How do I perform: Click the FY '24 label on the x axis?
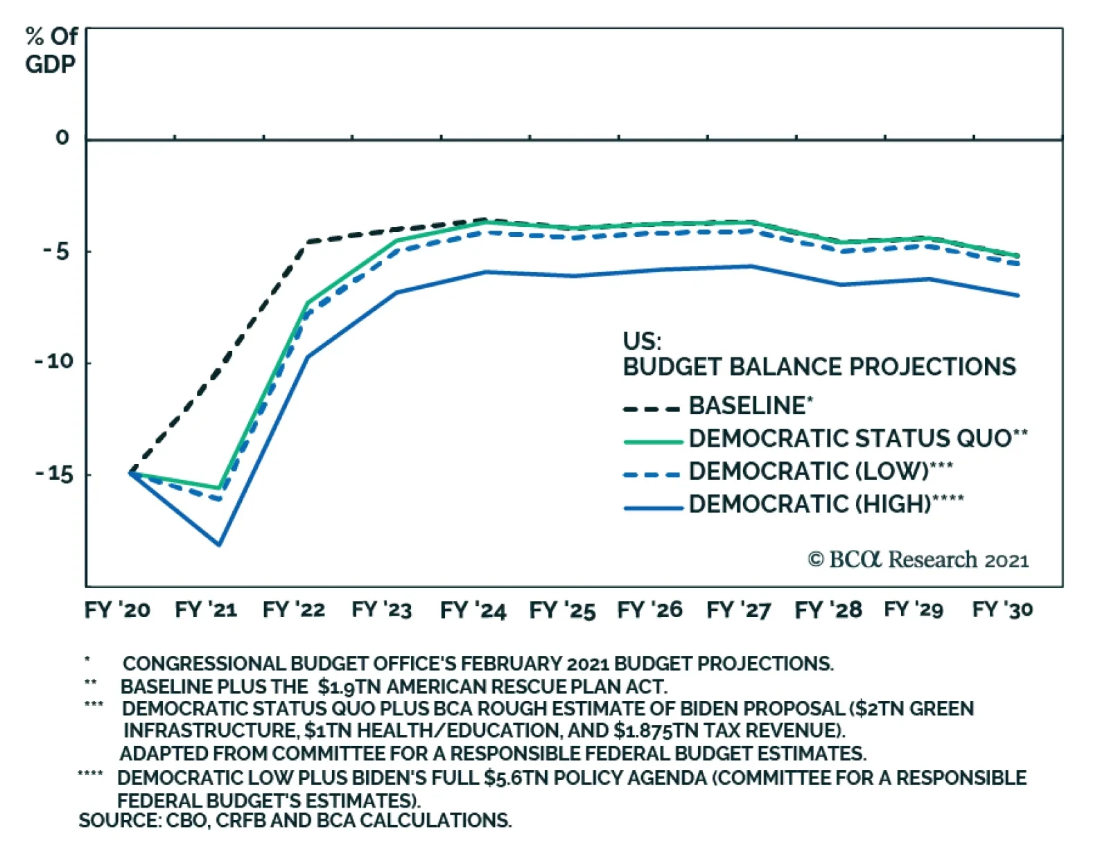pyautogui.click(x=473, y=610)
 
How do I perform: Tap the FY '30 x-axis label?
pyautogui.click(x=1002, y=610)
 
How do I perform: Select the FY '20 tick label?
pyautogui.click(x=117, y=610)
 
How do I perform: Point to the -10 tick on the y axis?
pyautogui.click(x=54, y=362)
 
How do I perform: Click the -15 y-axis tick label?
pyautogui.click(x=54, y=474)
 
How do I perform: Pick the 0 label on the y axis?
pyautogui.click(x=62, y=138)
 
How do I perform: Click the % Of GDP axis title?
pyautogui.click(x=51, y=50)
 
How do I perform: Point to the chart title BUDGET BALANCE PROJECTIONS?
pyautogui.click(x=819, y=366)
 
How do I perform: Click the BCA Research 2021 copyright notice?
pyautogui.click(x=918, y=560)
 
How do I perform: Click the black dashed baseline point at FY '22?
pyautogui.click(x=307, y=242)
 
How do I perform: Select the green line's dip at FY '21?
pyautogui.click(x=219, y=488)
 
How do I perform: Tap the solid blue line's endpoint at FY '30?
pyautogui.click(x=1018, y=295)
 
